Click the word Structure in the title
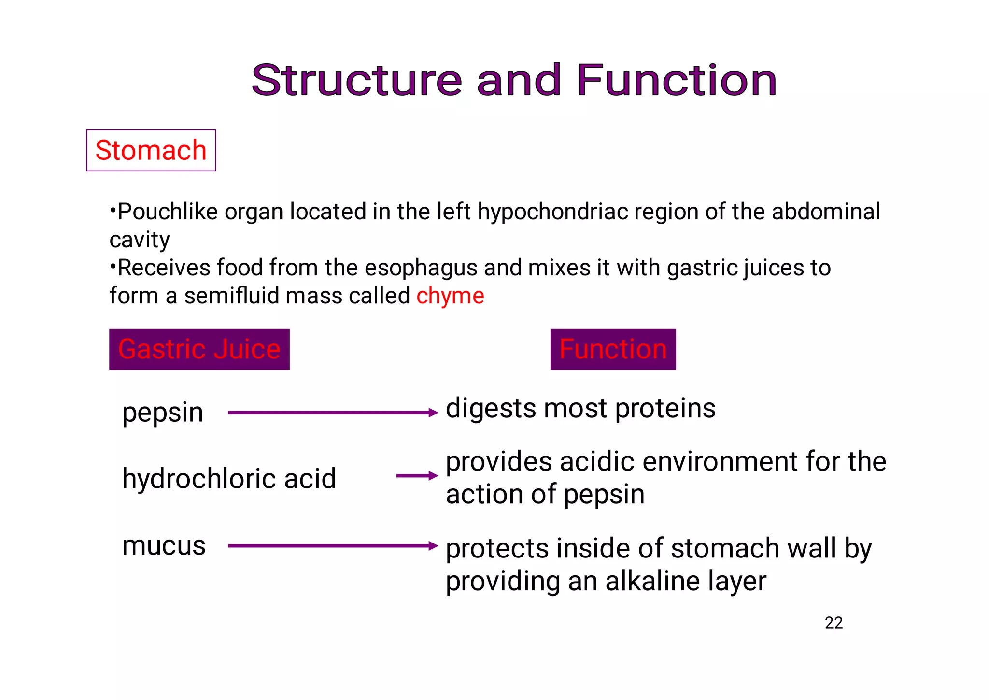(x=356, y=80)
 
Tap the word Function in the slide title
(x=676, y=80)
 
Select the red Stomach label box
(x=151, y=150)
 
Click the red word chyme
(x=450, y=296)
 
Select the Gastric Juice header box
(x=199, y=349)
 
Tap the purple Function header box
(x=613, y=349)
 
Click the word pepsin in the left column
(x=163, y=413)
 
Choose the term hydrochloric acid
(x=229, y=479)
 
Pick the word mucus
(x=164, y=546)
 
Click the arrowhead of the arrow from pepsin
(x=433, y=413)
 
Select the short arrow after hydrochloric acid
(x=416, y=476)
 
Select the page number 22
(x=834, y=623)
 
